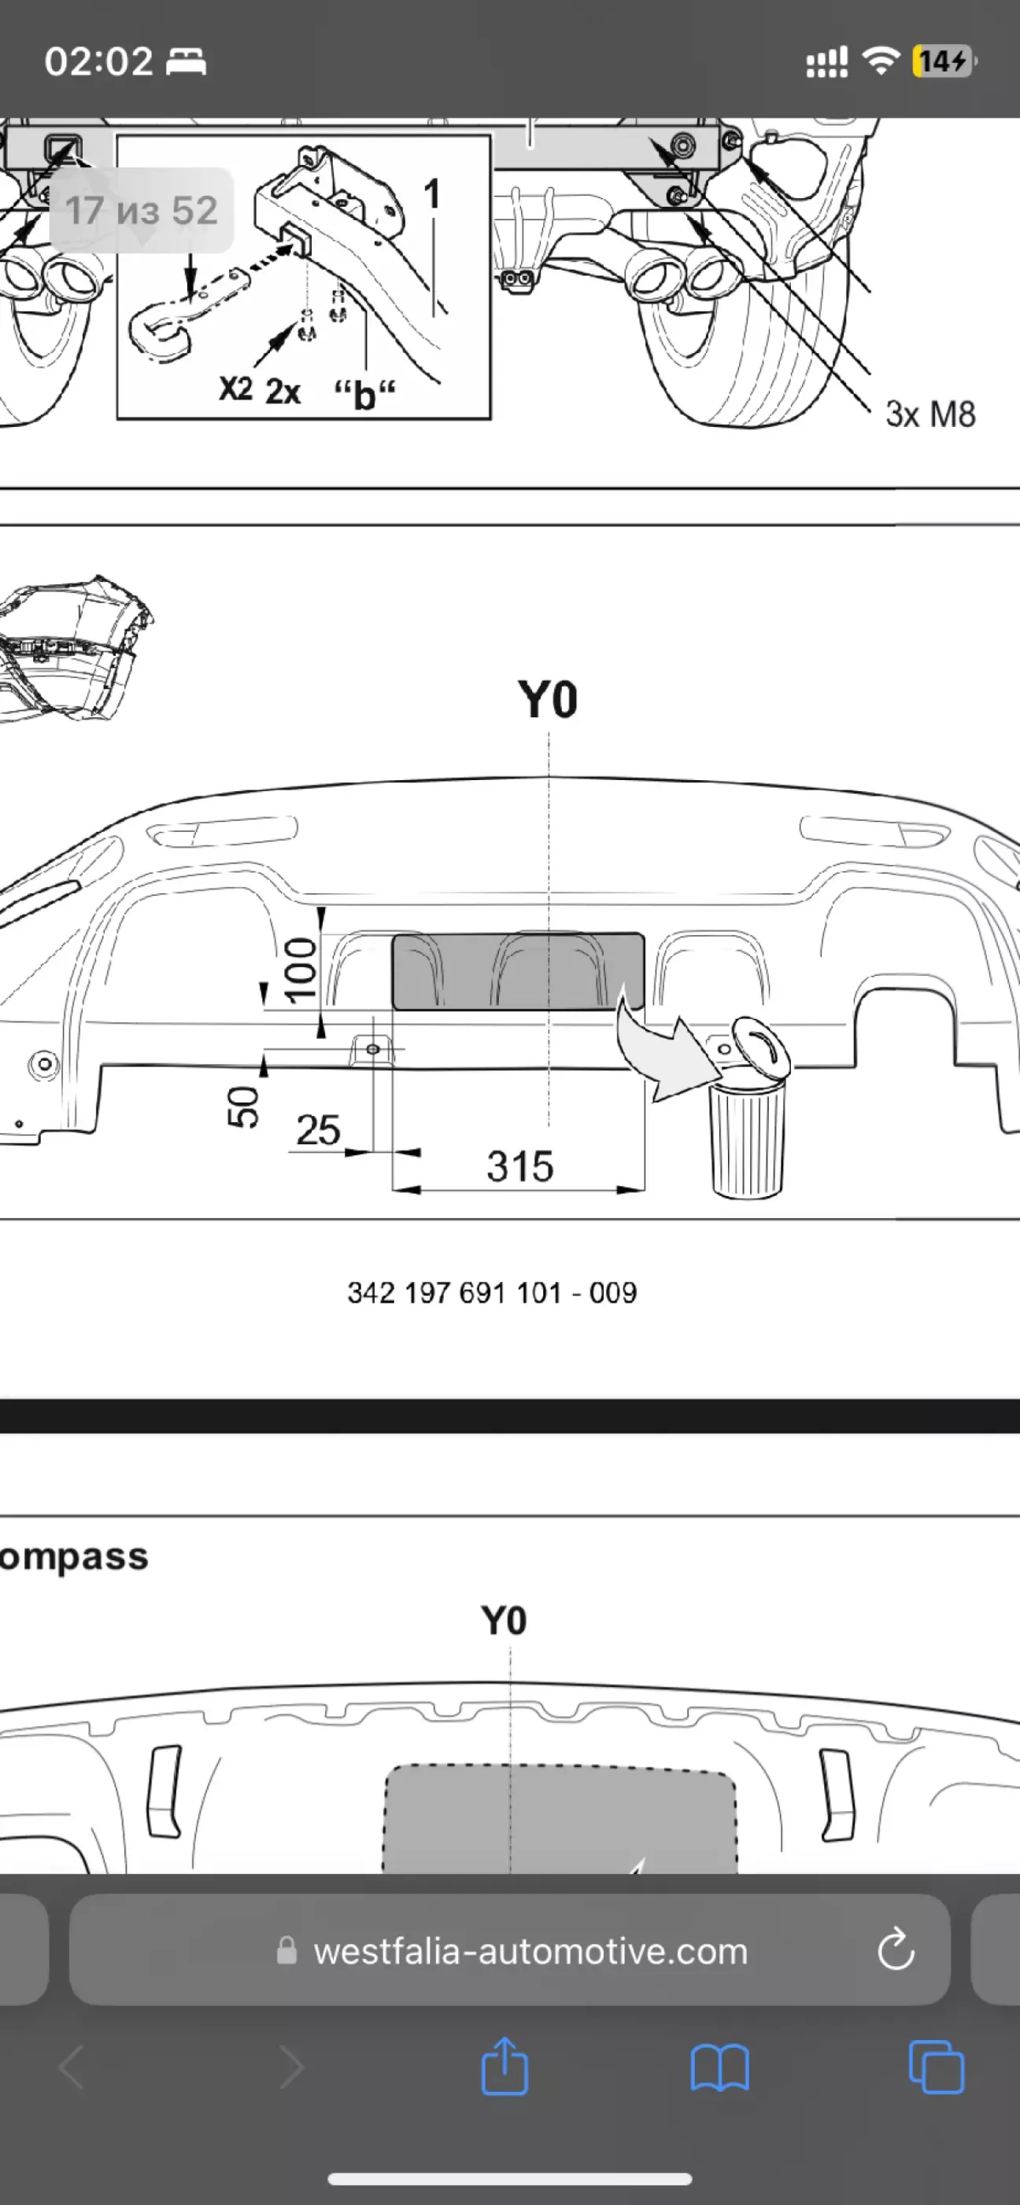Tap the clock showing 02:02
pyautogui.click(x=98, y=61)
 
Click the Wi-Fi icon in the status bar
pyautogui.click(x=880, y=61)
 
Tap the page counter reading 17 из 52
pyautogui.click(x=142, y=211)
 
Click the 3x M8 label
pyautogui.click(x=930, y=414)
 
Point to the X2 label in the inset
pyautogui.click(x=235, y=389)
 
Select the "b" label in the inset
pyautogui.click(x=365, y=395)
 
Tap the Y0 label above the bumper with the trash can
pyautogui.click(x=547, y=699)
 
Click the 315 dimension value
pyautogui.click(x=520, y=1166)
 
